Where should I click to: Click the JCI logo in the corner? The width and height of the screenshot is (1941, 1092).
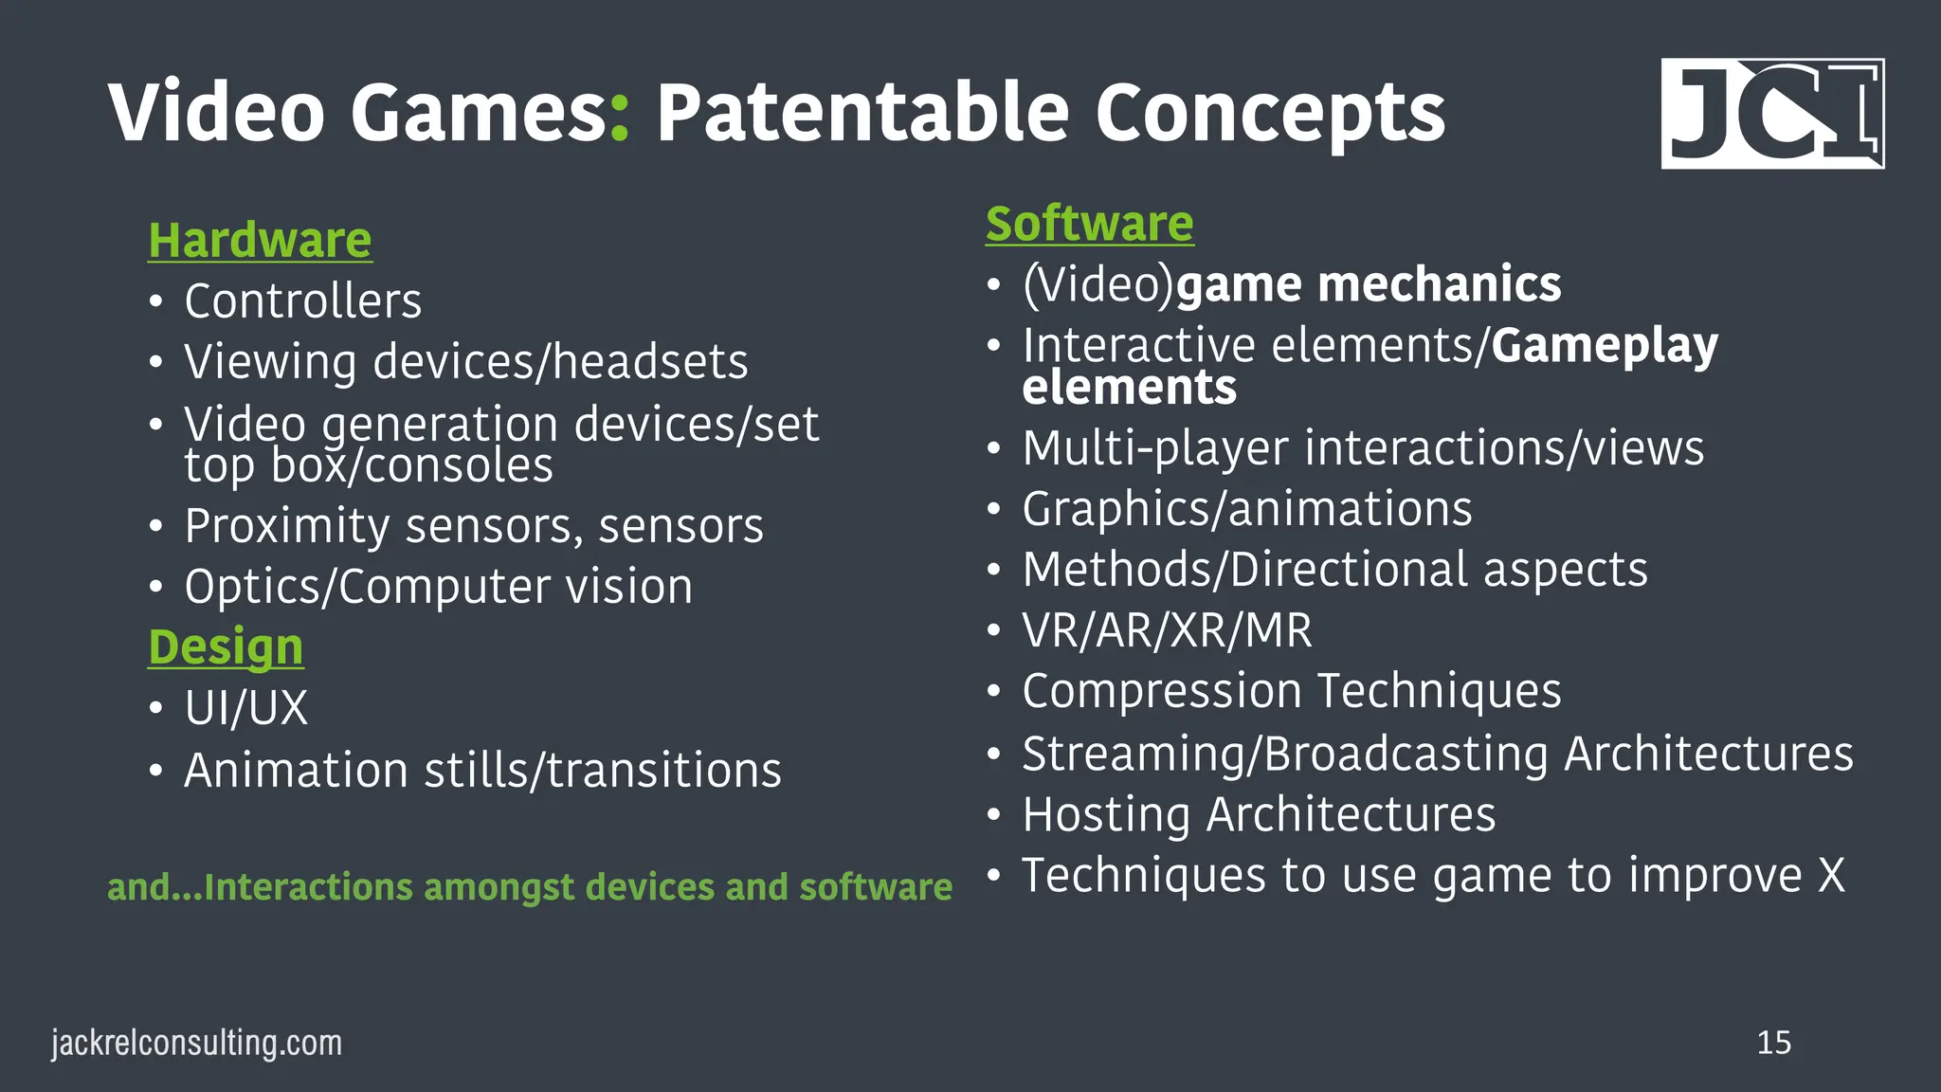pyautogui.click(x=1771, y=114)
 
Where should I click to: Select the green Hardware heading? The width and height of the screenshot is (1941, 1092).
pyautogui.click(x=260, y=240)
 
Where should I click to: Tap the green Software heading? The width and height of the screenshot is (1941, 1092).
pyautogui.click(x=1089, y=224)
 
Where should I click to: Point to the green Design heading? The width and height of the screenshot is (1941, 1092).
pyautogui.click(x=226, y=647)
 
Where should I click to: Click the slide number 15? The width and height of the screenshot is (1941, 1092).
pyautogui.click(x=1773, y=1043)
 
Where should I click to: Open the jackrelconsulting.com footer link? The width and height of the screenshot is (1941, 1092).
pyautogui.click(x=196, y=1043)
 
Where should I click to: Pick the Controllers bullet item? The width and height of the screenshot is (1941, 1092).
pyautogui.click(x=302, y=301)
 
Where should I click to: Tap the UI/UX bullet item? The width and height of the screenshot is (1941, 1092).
pyautogui.click(x=246, y=708)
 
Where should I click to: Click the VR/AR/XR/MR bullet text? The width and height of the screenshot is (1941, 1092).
pyautogui.click(x=1167, y=630)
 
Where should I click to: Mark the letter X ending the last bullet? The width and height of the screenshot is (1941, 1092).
pyautogui.click(x=1831, y=875)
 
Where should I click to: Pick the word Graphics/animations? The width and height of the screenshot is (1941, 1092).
pyautogui.click(x=1247, y=510)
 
